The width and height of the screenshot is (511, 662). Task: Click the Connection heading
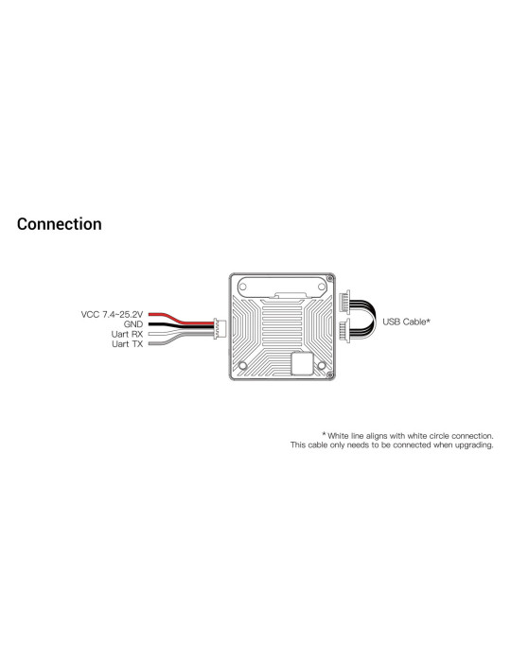tap(59, 224)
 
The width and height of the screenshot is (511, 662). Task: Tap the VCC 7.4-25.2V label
tap(112, 315)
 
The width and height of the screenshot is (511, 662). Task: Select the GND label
tap(133, 324)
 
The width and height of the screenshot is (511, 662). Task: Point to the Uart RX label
tap(127, 334)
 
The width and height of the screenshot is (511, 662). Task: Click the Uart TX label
tap(128, 344)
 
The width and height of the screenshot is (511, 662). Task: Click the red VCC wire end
tap(150, 315)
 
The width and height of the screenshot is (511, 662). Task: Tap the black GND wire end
tap(150, 324)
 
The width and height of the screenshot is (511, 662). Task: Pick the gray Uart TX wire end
tap(150, 344)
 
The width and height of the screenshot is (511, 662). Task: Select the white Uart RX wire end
tap(150, 334)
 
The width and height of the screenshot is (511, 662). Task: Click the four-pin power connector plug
tap(220, 328)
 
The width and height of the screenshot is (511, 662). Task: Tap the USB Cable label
tap(406, 322)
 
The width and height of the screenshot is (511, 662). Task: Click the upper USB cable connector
tap(345, 302)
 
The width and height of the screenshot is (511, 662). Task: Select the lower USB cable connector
tap(345, 331)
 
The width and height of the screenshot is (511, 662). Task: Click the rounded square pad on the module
tap(303, 363)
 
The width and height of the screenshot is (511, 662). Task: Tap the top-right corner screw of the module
tap(330, 278)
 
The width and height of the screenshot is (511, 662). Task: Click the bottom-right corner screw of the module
tap(330, 375)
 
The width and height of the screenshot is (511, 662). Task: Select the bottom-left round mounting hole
tap(243, 366)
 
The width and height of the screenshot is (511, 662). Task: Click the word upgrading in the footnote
tap(474, 445)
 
